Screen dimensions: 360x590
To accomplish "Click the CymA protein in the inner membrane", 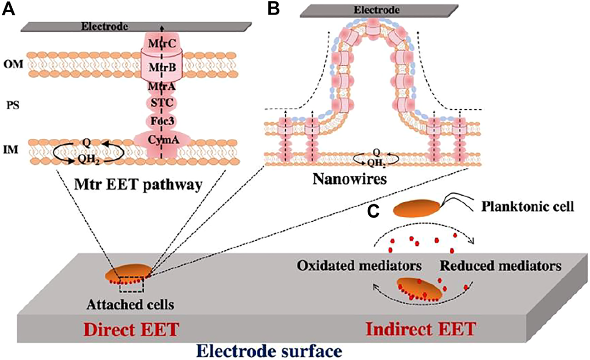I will click(x=162, y=141).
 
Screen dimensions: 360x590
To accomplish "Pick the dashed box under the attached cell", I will click(x=131, y=286).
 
